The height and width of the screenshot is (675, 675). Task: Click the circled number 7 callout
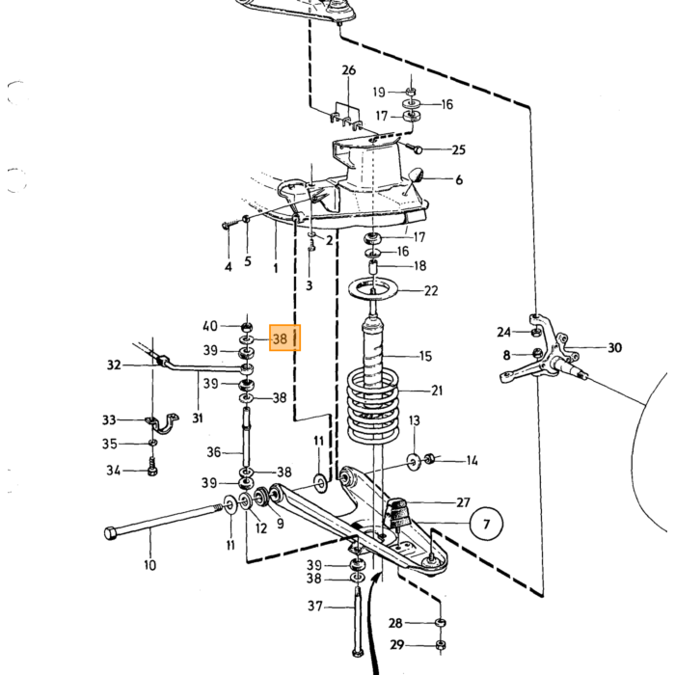pos(486,524)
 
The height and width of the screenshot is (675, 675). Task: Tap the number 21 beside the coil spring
pos(437,391)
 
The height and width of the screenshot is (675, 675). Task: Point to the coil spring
pos(373,407)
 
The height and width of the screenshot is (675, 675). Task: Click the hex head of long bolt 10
pos(110,533)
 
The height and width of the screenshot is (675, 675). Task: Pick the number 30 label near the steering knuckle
pos(615,347)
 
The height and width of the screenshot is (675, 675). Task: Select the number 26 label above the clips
pos(349,70)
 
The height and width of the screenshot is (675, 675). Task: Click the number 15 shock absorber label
pos(425,356)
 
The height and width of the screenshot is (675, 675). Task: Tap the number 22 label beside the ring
pos(431,291)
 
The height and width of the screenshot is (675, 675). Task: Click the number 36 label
pos(213,452)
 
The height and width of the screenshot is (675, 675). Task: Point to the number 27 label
pos(463,502)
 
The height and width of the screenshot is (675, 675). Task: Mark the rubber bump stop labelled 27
pos(398,513)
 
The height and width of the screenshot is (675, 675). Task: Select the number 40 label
pos(210,326)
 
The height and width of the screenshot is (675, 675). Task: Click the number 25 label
pos(459,149)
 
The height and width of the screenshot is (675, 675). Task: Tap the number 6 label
pos(459,180)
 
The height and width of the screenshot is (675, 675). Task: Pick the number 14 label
pos(472,461)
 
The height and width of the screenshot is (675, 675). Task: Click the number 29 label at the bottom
pos(397,645)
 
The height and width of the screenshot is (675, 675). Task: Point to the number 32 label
pos(114,365)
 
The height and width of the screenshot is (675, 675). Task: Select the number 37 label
pos(315,607)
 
